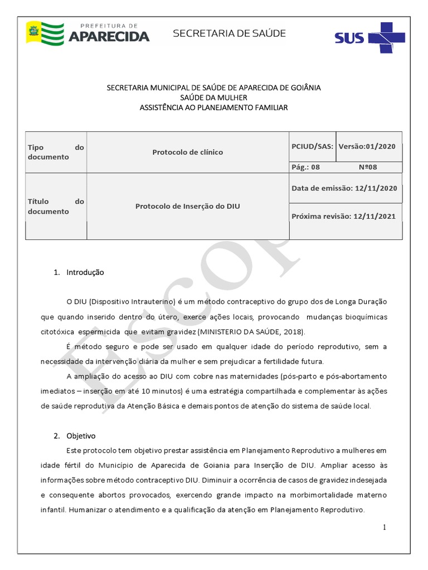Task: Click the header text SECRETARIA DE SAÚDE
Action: click(x=229, y=33)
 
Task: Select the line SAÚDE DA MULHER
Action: click(x=213, y=97)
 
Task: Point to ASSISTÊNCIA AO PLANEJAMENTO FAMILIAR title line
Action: click(x=213, y=107)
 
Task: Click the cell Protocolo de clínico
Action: click(x=187, y=152)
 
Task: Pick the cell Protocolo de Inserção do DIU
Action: click(x=187, y=206)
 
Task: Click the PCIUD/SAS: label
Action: click(x=312, y=146)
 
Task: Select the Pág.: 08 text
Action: click(x=306, y=167)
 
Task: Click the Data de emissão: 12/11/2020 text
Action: click(x=344, y=188)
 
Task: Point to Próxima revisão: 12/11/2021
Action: click(x=343, y=216)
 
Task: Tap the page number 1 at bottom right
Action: click(x=385, y=527)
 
